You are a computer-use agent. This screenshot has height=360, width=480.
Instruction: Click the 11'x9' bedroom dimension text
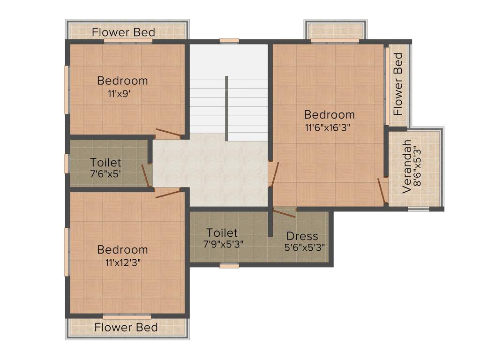pyautogui.click(x=119, y=94)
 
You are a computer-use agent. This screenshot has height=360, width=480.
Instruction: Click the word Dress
pyautogui.click(x=302, y=236)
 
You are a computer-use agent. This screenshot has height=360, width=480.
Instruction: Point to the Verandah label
pyautogui.click(x=406, y=167)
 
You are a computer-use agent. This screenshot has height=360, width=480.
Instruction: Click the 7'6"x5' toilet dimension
pyautogui.click(x=105, y=174)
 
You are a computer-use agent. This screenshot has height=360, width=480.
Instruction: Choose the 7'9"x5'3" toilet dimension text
pyautogui.click(x=223, y=244)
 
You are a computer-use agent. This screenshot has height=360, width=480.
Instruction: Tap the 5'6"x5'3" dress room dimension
pyautogui.click(x=304, y=247)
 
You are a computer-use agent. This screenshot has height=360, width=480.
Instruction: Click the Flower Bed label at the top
pyautogui.click(x=123, y=32)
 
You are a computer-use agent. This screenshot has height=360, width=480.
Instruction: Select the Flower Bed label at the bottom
pyautogui.click(x=126, y=327)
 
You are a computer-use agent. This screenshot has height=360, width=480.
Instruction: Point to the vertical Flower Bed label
pyautogui.click(x=398, y=84)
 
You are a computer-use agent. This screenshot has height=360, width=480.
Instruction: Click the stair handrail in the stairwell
pyautogui.click(x=226, y=108)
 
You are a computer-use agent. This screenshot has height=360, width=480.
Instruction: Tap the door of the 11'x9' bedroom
pyautogui.click(x=169, y=133)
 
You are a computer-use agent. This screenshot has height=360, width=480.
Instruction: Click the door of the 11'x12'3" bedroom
pyautogui.click(x=168, y=193)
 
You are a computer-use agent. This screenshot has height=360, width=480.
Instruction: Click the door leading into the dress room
pyautogui.click(x=284, y=213)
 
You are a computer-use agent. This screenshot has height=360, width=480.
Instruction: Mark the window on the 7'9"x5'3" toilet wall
pyautogui.click(x=229, y=266)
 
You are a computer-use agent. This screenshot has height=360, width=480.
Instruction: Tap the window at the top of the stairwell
pyautogui.click(x=229, y=41)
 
